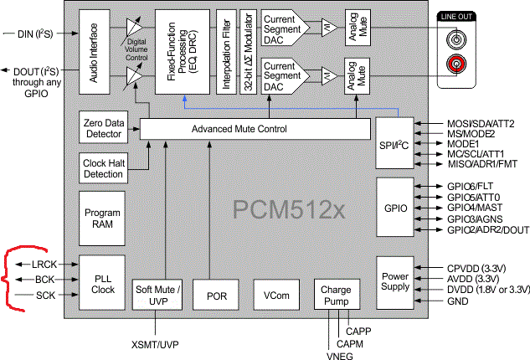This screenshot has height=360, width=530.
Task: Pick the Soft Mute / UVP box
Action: (157, 296)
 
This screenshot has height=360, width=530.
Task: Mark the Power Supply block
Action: (394, 280)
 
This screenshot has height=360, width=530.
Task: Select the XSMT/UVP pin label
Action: (156, 344)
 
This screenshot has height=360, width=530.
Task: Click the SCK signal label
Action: (46, 296)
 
